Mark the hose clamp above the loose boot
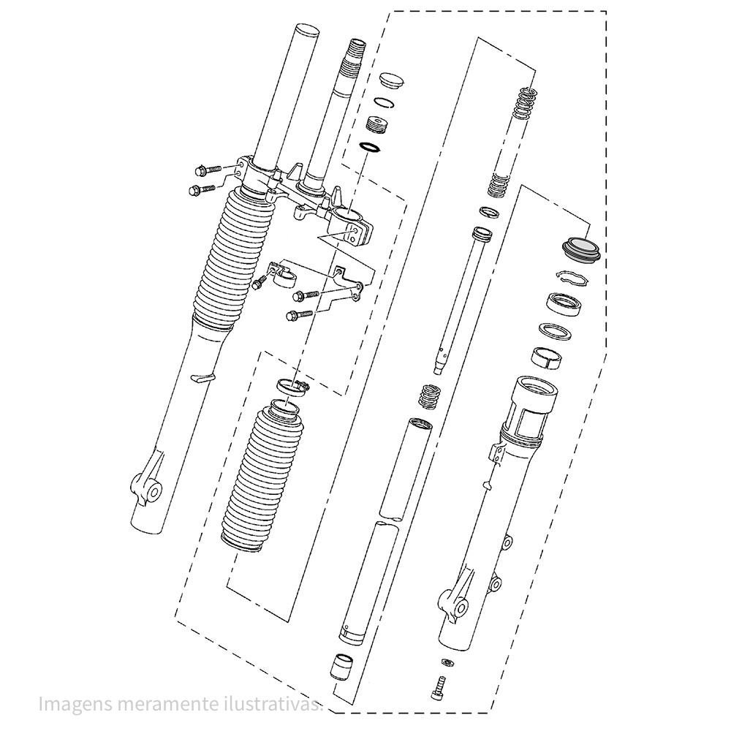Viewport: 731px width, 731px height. point(293,387)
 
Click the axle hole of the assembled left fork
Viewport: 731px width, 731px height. point(154,492)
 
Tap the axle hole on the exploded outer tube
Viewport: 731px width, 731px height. point(463,608)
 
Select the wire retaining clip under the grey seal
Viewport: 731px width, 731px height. point(572,277)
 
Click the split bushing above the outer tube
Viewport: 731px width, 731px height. point(548,357)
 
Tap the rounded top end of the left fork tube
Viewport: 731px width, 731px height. point(307,32)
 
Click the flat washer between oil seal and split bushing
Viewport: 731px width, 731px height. point(556,331)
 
